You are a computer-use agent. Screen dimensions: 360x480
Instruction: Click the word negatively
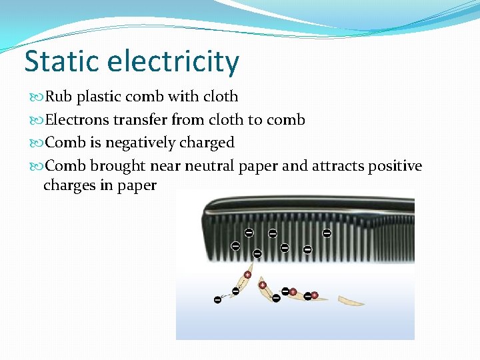[137, 143]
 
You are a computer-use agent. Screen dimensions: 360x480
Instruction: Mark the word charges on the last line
[69, 185]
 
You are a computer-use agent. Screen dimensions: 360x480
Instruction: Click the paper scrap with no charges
[351, 301]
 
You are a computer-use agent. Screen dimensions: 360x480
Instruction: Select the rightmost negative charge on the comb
[327, 233]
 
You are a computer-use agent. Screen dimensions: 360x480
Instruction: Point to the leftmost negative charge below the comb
[217, 300]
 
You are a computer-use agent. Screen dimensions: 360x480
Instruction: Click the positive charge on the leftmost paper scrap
[247, 275]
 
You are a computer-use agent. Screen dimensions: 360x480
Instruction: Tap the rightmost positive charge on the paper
[315, 295]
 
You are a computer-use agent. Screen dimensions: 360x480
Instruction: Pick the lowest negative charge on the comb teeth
[257, 254]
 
